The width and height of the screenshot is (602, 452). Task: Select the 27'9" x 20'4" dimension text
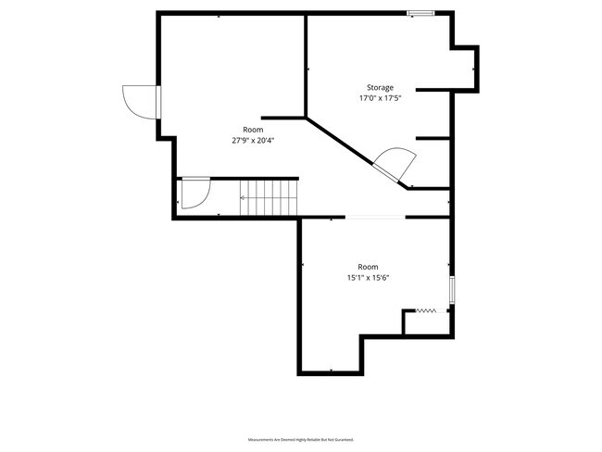click(253, 141)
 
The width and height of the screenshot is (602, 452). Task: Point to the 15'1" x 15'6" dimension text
click(369, 277)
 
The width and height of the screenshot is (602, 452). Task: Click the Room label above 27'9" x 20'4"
click(253, 130)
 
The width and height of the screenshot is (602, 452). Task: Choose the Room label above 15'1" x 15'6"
click(369, 266)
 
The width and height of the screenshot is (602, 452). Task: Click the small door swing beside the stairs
click(194, 194)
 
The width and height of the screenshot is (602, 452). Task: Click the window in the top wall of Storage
click(421, 13)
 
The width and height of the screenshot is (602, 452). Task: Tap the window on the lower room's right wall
click(452, 290)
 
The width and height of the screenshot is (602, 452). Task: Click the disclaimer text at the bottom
click(301, 438)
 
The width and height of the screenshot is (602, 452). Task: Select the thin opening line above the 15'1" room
click(375, 218)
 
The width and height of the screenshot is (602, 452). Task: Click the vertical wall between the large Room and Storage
click(306, 65)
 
